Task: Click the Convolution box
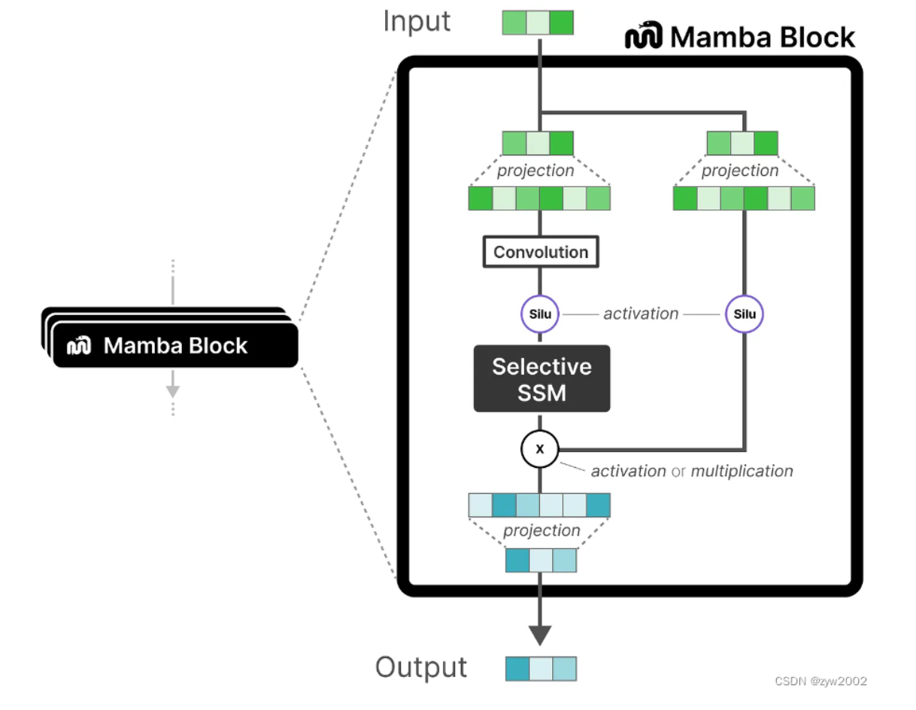point(541,252)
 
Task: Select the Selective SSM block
point(541,378)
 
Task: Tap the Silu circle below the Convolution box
point(541,314)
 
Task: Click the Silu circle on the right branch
point(744,314)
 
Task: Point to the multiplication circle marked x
point(539,449)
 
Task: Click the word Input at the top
point(417,22)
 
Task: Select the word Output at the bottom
point(420,668)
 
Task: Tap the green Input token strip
point(538,23)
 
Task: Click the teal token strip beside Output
point(541,669)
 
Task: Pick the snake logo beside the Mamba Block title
point(643,37)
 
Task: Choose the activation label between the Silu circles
point(641,314)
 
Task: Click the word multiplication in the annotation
point(742,472)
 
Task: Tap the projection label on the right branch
point(739,171)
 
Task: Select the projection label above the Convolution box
point(535,171)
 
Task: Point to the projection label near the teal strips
point(541,531)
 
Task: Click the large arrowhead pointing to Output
point(540,633)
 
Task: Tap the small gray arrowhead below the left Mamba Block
point(173,390)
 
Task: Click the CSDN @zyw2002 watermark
point(820,681)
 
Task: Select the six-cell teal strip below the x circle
point(539,505)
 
